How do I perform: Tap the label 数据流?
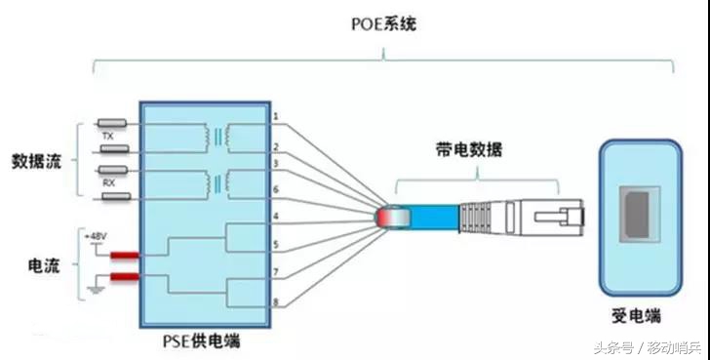pyautogui.click(x=37, y=160)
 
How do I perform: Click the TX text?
pyautogui.click(x=108, y=138)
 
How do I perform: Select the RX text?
pyautogui.click(x=108, y=182)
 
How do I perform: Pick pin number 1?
pyautogui.click(x=276, y=117)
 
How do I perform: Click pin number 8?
pyautogui.click(x=276, y=303)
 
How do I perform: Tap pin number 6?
pyautogui.click(x=276, y=188)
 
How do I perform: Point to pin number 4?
pyautogui.click(x=276, y=216)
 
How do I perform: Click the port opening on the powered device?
pyautogui.click(x=637, y=217)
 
